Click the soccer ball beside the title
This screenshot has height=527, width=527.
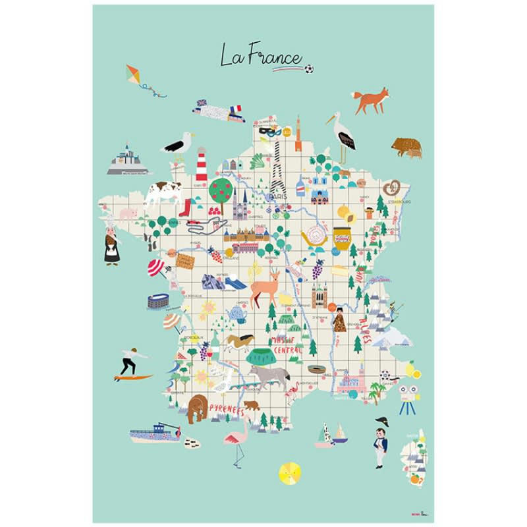pos(309,68)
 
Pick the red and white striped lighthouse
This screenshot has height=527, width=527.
pos(201,164)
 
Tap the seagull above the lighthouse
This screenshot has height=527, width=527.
pos(179,143)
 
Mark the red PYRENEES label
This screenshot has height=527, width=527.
pos(226,410)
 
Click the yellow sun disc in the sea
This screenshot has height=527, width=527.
pos(289,472)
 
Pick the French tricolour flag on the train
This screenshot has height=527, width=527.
pos(236,108)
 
